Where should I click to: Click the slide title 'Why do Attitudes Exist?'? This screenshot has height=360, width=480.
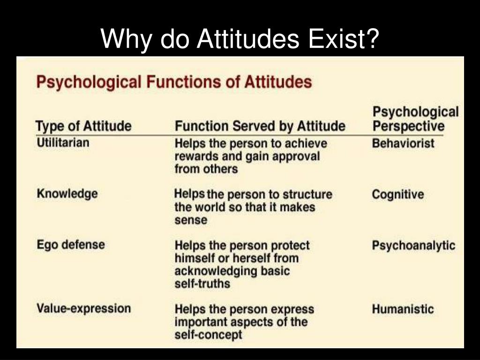(x=240, y=38)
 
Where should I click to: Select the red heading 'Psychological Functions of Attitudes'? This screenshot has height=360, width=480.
(x=174, y=82)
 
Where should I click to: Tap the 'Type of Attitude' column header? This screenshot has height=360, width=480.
(x=83, y=126)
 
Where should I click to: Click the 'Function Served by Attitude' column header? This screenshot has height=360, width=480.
(x=260, y=126)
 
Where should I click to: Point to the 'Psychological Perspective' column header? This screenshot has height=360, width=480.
(x=415, y=119)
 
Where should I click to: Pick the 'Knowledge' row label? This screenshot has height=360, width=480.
(x=67, y=194)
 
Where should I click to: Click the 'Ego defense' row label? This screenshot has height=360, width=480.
(x=70, y=245)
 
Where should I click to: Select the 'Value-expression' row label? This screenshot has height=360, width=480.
(x=83, y=308)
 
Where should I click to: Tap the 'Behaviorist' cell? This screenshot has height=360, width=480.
(x=403, y=143)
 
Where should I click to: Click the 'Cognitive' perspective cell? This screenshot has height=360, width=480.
(x=397, y=195)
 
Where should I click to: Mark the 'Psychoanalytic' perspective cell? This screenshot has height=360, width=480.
(x=413, y=246)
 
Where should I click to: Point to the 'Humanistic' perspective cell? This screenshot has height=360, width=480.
(x=403, y=309)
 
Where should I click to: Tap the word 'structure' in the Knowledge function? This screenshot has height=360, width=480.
(x=307, y=195)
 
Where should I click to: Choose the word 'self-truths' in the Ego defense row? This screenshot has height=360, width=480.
(x=202, y=284)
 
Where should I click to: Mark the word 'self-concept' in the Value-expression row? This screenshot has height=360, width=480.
(x=208, y=335)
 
